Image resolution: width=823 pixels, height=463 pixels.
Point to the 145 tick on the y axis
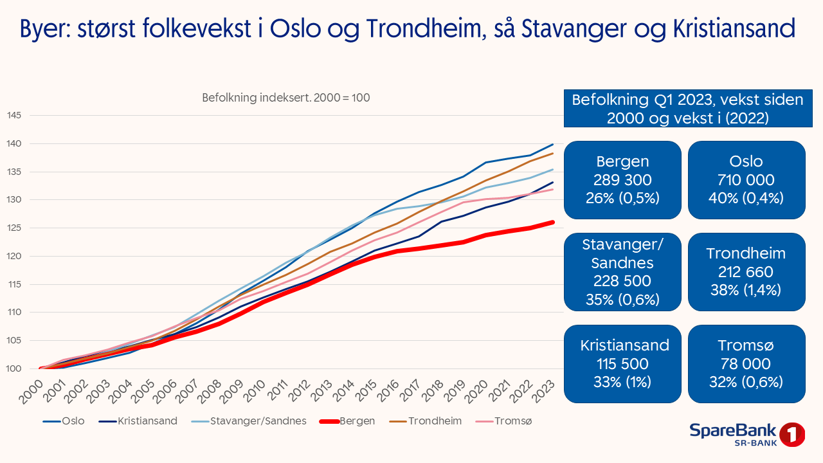14,116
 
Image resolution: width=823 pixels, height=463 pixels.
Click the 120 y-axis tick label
14,256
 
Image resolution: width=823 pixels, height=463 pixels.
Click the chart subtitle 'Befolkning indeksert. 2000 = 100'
286,98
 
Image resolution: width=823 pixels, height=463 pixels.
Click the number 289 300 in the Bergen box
622,180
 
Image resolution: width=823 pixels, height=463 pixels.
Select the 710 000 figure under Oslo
746,180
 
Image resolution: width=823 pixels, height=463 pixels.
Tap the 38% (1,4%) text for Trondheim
746,290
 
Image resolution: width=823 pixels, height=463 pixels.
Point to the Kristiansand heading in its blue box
622,345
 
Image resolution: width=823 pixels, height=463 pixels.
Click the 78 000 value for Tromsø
746,364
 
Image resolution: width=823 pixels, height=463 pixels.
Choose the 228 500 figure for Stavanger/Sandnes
622,281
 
